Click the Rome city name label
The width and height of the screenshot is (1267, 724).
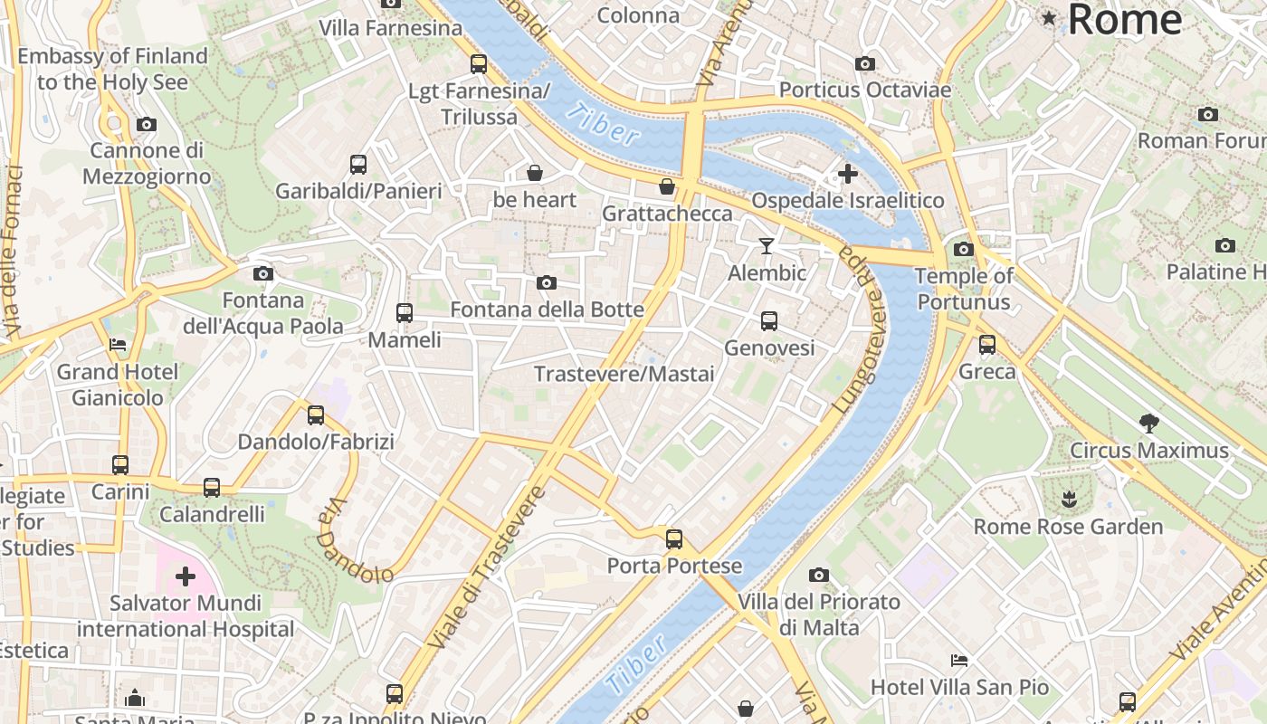[1124, 19]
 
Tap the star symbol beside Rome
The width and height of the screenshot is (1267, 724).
[1049, 18]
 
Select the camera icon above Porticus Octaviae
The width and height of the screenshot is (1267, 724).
[865, 63]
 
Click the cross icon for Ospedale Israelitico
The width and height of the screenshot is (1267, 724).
[848, 174]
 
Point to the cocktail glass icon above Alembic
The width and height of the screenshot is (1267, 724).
[767, 246]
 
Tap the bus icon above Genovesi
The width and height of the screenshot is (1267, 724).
[769, 321]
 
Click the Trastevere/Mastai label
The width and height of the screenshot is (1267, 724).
[624, 374]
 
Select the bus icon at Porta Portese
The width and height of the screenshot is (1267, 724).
[674, 539]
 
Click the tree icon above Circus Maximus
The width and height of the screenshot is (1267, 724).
[1149, 423]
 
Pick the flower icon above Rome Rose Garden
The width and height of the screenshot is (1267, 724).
[1069, 499]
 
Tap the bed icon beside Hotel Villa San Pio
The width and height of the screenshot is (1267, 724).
[959, 661]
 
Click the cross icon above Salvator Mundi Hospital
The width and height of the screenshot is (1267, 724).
[186, 576]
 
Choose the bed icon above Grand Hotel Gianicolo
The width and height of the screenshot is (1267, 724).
[118, 345]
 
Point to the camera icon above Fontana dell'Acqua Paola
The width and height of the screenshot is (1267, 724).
[263, 273]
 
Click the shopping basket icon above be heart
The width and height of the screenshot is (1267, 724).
[535, 172]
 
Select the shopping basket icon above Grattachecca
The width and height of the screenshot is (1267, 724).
[667, 186]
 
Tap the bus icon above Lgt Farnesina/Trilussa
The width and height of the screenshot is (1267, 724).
[479, 64]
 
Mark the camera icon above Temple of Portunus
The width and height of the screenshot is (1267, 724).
[964, 249]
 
